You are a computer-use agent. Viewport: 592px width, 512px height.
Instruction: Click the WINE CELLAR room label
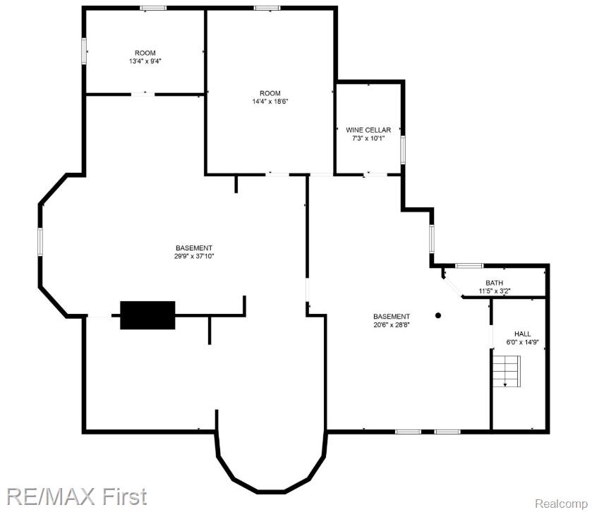pos(368,130)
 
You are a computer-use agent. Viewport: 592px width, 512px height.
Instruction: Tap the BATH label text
pos(494,283)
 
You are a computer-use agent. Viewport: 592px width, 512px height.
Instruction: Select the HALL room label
pos(522,334)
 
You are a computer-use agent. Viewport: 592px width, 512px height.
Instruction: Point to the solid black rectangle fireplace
pos(147,315)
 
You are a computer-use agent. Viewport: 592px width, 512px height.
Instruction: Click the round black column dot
pos(438,315)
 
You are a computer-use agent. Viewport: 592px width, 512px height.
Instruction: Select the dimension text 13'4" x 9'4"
pos(145,61)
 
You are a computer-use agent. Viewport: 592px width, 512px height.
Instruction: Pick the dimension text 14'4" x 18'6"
pos(270,102)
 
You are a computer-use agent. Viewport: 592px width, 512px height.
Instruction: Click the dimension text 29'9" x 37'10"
pos(194,256)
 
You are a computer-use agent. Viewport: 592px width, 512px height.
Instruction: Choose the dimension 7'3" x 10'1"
pos(368,138)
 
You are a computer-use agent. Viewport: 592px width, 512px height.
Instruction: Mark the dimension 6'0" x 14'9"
pos(522,342)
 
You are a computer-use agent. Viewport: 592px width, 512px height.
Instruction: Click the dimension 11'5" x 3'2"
pos(494,291)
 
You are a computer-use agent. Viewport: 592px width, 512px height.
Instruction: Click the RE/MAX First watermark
pos(74,496)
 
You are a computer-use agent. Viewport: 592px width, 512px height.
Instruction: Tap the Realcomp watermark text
pos(562,504)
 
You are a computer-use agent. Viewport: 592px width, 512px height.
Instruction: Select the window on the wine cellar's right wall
pos(403,150)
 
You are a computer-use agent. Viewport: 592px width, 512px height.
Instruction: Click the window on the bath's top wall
pos(469,265)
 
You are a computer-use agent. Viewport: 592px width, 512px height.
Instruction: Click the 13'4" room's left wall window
pos(84,51)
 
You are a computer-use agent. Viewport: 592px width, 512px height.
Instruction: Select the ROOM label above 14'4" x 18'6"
pos(270,93)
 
